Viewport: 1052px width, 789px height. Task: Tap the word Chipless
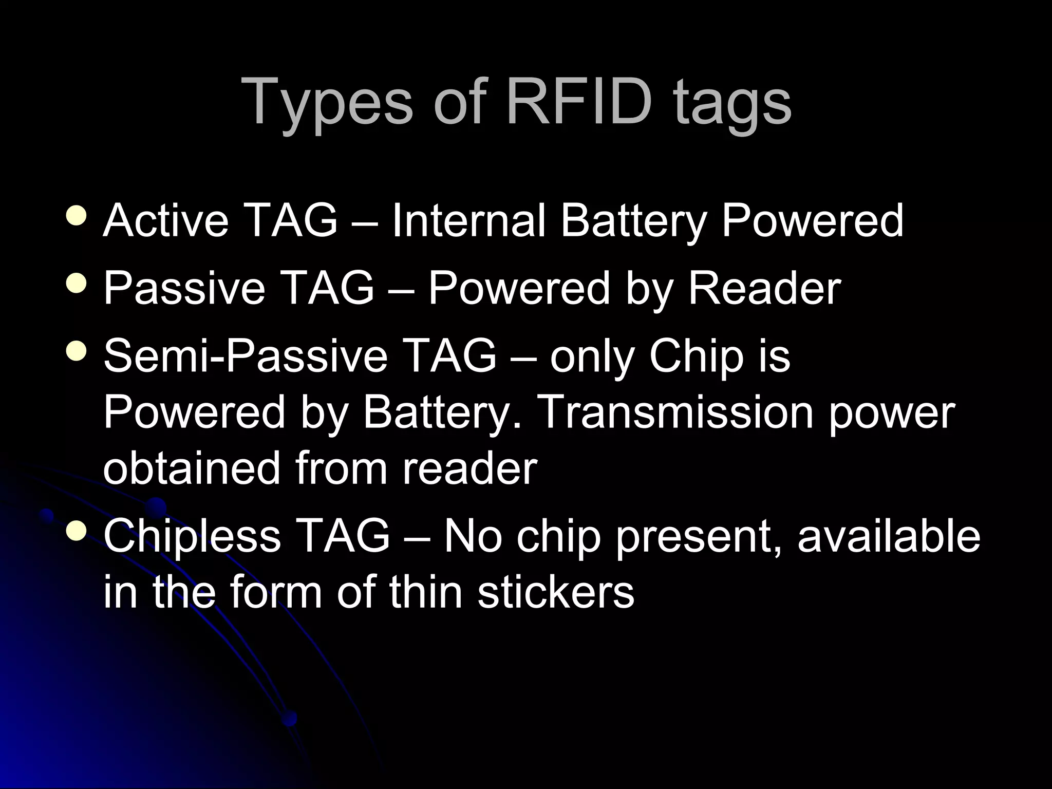point(192,536)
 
